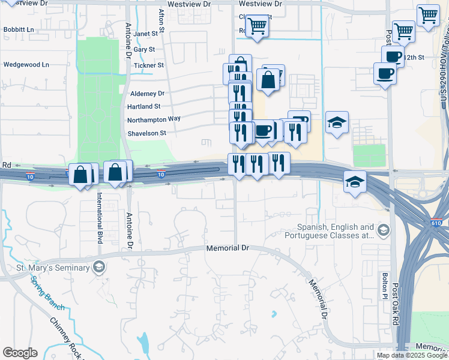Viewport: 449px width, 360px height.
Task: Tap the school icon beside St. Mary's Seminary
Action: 98,268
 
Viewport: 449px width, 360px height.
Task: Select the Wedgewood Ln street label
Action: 26,64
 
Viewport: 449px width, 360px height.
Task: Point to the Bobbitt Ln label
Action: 18,29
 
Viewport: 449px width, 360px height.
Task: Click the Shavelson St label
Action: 146,133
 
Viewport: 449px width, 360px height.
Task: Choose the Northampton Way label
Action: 154,119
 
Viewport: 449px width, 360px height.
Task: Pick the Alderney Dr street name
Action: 147,94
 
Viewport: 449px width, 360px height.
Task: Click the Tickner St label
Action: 149,65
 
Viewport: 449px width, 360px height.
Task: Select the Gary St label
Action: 145,49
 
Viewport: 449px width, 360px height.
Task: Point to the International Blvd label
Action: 100,217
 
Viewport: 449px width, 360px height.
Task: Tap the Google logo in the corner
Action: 20,353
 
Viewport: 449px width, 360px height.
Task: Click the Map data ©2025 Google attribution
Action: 412,355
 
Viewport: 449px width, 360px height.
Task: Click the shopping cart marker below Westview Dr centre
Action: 257,26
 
